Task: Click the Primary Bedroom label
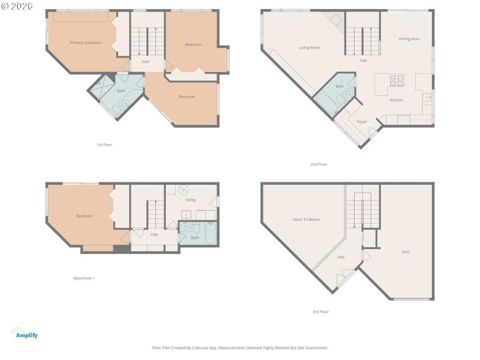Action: click(85, 43)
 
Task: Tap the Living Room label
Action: click(310, 47)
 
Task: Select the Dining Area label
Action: click(409, 38)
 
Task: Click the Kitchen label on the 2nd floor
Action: click(396, 100)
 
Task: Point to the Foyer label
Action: click(362, 122)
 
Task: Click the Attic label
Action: click(406, 251)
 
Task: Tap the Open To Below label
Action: click(305, 220)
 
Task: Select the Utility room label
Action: click(191, 200)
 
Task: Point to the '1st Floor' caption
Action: click(104, 145)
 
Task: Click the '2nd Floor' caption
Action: click(319, 164)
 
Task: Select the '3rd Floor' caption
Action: click(320, 311)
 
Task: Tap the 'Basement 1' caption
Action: click(84, 278)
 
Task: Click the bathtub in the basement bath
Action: click(211, 233)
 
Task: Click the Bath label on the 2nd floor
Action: click(340, 86)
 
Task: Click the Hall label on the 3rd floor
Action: click(341, 257)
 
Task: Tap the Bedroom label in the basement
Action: click(85, 216)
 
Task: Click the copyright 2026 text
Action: click(16, 5)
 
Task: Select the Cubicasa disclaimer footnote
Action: click(240, 347)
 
